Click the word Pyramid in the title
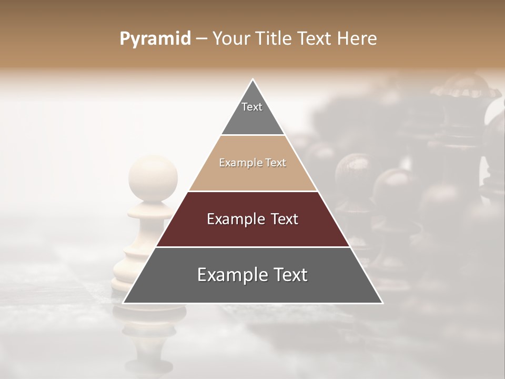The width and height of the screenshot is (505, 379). pos(155,39)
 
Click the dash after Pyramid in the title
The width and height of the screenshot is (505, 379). pos(201,39)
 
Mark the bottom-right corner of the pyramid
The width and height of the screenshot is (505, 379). pos(382,303)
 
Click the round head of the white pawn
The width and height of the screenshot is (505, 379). pos(153,174)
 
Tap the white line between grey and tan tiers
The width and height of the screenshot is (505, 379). pos(252,135)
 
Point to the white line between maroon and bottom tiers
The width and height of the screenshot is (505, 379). pos(252,247)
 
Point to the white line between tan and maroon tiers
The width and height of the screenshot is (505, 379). pos(252,191)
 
